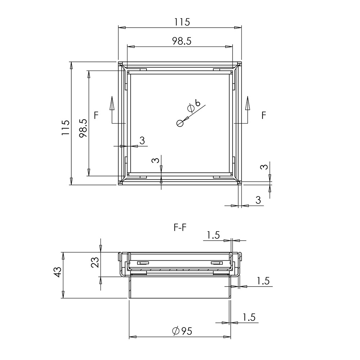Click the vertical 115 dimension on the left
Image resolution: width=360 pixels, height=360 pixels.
(66, 127)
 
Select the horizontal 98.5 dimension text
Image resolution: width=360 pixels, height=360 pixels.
(182, 41)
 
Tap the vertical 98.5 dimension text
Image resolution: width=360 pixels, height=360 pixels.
(83, 128)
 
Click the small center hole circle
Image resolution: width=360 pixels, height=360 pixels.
(180, 123)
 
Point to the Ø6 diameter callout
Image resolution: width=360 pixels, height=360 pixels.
(194, 105)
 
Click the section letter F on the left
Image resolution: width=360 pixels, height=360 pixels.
(96, 115)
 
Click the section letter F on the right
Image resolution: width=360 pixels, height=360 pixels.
(264, 115)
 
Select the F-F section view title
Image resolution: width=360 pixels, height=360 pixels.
(180, 228)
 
